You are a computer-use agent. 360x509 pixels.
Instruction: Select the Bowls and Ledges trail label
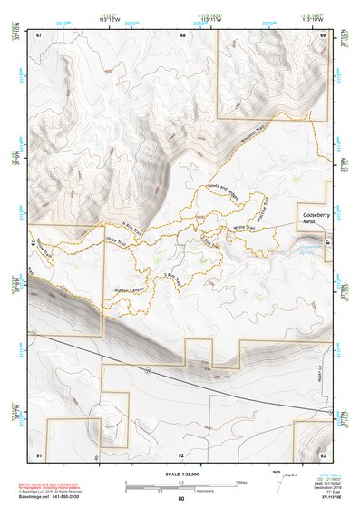[220, 193]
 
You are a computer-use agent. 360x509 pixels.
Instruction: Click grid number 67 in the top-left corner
[39, 34]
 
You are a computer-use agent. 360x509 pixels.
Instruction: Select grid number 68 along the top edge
[182, 35]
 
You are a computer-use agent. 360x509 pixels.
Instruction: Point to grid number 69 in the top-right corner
[322, 34]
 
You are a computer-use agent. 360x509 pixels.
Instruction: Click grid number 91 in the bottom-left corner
[39, 453]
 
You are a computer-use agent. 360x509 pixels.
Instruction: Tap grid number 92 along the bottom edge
[181, 454]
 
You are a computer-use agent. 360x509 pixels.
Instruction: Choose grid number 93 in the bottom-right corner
[323, 453]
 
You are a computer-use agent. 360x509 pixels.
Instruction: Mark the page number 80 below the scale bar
[181, 499]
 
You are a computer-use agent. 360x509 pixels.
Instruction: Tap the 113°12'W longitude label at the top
[110, 16]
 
